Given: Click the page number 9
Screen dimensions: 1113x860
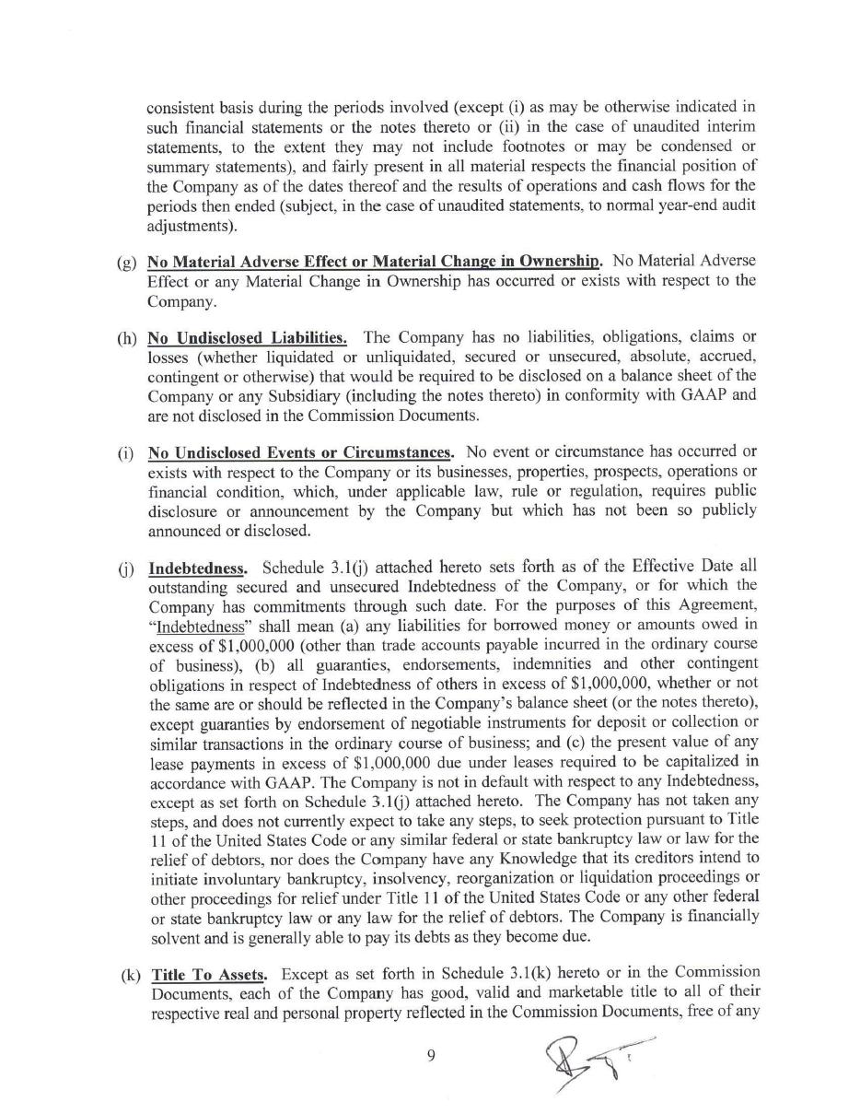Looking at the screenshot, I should pyautogui.click(x=431, y=1056).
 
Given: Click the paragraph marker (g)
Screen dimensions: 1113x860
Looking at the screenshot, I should pyautogui.click(x=127, y=262).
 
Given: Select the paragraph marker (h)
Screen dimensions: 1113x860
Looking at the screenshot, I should pyautogui.click(x=127, y=338).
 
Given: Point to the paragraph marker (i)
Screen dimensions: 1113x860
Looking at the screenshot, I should pyautogui.click(x=126, y=453).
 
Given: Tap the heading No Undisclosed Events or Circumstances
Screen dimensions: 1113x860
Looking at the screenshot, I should pyautogui.click(x=300, y=452).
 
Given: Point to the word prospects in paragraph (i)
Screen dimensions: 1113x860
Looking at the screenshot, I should pyautogui.click(x=540, y=472).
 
